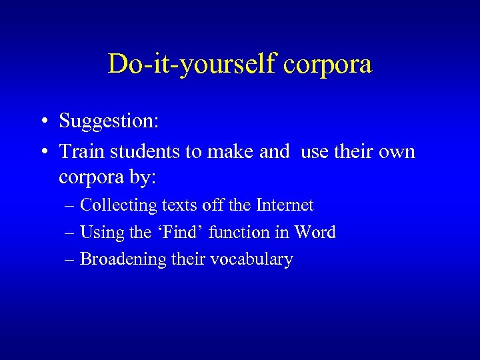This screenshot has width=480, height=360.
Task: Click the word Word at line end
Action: pyautogui.click(x=314, y=232)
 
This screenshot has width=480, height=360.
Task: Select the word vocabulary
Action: pyautogui.click(x=251, y=259)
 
